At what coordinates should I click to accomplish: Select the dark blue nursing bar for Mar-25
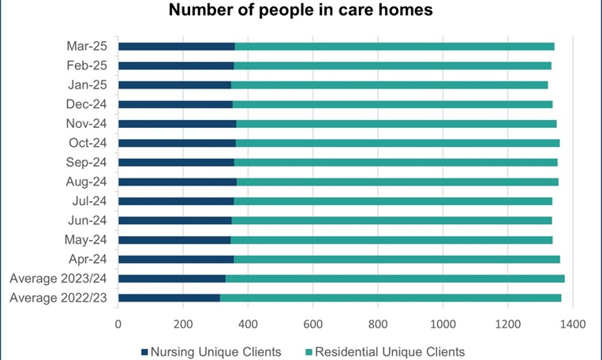pos(176,47)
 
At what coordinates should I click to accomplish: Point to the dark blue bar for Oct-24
pos(177,143)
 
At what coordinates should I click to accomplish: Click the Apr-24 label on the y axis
pos(92,259)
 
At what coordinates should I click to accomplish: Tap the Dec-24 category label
pos(91,104)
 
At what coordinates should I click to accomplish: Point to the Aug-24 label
pos(91,182)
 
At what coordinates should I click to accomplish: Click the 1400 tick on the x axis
pos(572,324)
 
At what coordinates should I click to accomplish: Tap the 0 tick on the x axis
pos(118,324)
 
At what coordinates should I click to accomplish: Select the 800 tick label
pos(377,324)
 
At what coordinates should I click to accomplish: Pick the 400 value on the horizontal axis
pos(248,324)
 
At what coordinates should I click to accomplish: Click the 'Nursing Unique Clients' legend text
pos(216,351)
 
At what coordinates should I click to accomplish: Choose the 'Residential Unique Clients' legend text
pos(390,351)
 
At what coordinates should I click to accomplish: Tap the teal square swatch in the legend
pos(308,351)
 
